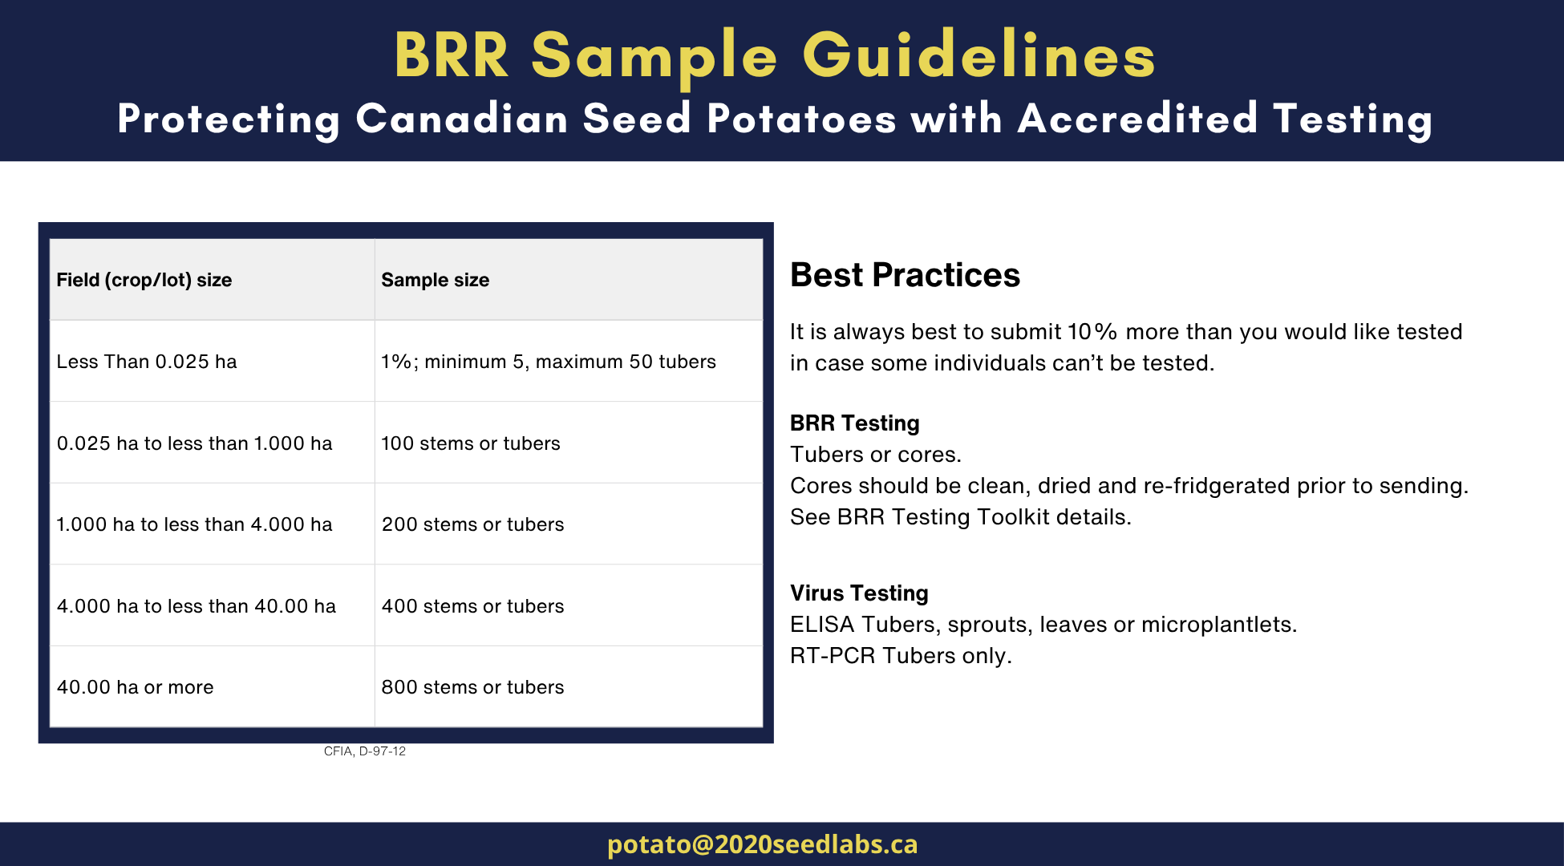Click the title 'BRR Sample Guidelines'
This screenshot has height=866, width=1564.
(x=775, y=55)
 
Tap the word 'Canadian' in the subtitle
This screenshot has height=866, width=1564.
(x=462, y=119)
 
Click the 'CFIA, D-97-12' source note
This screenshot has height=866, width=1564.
(x=365, y=751)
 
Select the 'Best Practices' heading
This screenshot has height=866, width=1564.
(x=905, y=275)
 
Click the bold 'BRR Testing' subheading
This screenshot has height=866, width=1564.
(x=855, y=423)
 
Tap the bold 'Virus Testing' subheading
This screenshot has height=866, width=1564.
(x=859, y=593)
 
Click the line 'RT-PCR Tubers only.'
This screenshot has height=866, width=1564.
(x=901, y=656)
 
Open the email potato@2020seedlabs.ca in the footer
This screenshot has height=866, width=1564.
(x=763, y=844)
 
